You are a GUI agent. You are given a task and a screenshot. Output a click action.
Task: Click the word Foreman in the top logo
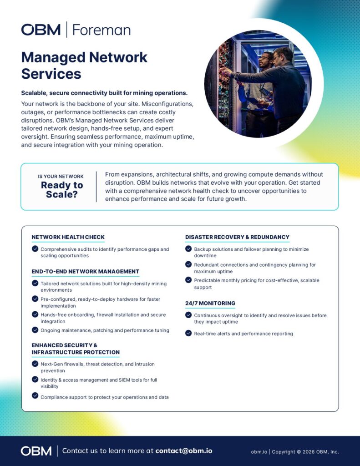(x=101, y=30)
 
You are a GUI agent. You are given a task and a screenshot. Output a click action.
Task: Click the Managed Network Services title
(x=84, y=65)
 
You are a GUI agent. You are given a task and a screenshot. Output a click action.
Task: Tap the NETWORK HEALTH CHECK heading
(x=68, y=237)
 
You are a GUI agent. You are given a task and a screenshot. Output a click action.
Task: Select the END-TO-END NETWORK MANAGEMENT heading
(x=85, y=272)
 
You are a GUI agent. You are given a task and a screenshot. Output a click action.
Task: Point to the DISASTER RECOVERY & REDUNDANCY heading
(x=237, y=237)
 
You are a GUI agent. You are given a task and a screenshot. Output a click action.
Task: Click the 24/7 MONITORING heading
(x=210, y=303)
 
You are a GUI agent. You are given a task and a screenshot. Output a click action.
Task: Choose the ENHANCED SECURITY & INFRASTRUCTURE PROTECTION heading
(x=76, y=349)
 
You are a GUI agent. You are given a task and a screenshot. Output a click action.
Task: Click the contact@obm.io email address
(x=183, y=451)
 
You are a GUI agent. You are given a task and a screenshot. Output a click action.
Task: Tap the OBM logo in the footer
(x=36, y=451)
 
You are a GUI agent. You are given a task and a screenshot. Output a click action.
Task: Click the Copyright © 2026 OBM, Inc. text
(x=305, y=452)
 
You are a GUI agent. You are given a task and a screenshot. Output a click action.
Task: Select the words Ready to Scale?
(x=62, y=190)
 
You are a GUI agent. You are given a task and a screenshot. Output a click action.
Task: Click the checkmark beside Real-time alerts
(x=188, y=333)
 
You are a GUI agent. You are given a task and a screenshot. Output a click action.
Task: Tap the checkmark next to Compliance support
(x=35, y=396)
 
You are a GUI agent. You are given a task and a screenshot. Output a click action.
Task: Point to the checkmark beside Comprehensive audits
(x=35, y=249)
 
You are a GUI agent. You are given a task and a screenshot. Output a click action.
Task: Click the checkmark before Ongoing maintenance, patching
(x=35, y=329)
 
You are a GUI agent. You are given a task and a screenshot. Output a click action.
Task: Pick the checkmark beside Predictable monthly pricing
(x=188, y=280)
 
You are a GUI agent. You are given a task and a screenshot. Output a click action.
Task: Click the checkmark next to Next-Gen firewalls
(x=35, y=364)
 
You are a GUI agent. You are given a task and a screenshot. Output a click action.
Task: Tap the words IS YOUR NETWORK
(x=61, y=177)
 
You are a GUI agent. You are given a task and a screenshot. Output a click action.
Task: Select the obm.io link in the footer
(x=259, y=452)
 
